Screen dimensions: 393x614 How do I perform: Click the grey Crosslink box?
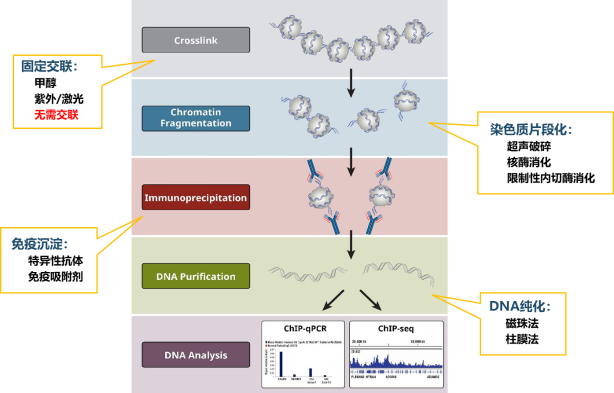tap(195, 40)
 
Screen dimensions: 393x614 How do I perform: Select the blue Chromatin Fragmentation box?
tap(195, 118)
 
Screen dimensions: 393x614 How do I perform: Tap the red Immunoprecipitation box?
tap(195, 197)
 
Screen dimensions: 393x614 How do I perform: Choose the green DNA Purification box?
tap(195, 276)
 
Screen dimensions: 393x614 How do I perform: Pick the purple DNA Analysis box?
tap(195, 355)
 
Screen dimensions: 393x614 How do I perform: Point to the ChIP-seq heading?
tap(396, 329)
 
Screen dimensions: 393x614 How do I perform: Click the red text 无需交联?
tap(56, 115)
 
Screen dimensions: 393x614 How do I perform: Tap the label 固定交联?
tap(49, 66)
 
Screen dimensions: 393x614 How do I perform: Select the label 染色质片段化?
tap(531, 130)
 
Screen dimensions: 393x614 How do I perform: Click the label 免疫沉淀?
tap(39, 244)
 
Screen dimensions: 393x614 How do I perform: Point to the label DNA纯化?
tap(519, 306)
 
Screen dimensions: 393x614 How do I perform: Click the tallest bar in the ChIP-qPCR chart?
tap(281, 364)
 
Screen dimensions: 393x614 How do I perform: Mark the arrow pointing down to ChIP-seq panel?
tap(370, 299)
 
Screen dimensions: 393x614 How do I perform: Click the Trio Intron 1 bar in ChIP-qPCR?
tap(310, 372)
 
